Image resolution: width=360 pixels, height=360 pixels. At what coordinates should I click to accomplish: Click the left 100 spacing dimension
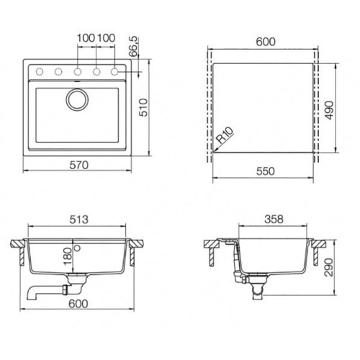coord(86,37)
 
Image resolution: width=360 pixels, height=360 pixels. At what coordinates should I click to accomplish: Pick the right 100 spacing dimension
coord(107,37)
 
